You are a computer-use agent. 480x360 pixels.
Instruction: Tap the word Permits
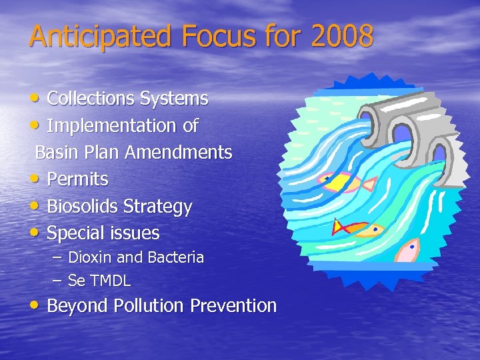point(77,179)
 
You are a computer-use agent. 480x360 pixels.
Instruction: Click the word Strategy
point(159,207)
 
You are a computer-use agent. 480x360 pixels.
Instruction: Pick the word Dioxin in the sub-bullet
point(89,257)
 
